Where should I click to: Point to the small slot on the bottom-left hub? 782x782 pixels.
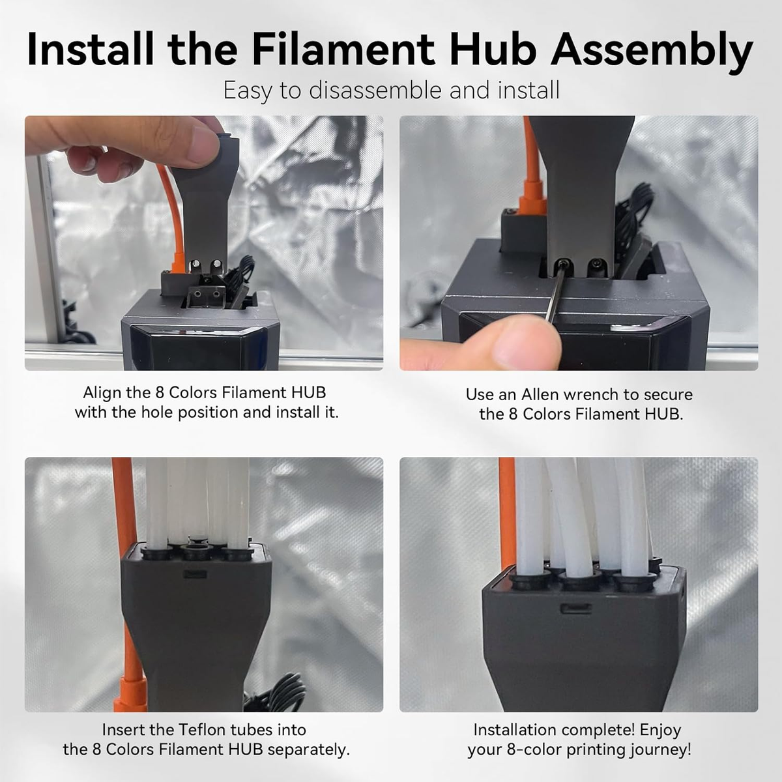(x=196, y=575)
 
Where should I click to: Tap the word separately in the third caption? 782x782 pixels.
(x=308, y=750)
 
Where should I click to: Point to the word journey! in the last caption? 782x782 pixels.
(x=659, y=750)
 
